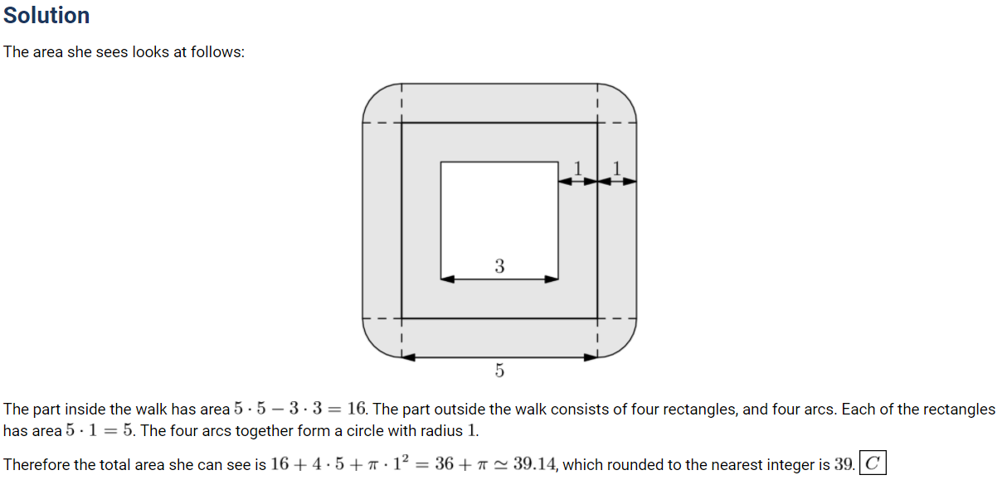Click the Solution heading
pyautogui.click(x=46, y=16)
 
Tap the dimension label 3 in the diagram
pyautogui.click(x=499, y=266)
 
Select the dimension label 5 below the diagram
pyautogui.click(x=499, y=371)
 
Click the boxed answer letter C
pyautogui.click(x=873, y=463)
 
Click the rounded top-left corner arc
pyautogui.click(x=374, y=95)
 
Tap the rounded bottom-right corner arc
pyautogui.click(x=625, y=346)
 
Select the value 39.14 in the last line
pyautogui.click(x=534, y=464)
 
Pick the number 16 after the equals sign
pyautogui.click(x=357, y=409)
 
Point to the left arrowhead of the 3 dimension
pyautogui.click(x=447, y=279)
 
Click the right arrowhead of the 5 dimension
pyautogui.click(x=591, y=357)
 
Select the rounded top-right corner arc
pyautogui.click(x=625, y=95)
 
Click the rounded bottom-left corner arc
pyautogui.click(x=374, y=346)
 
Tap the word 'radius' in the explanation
pyautogui.click(x=440, y=431)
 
